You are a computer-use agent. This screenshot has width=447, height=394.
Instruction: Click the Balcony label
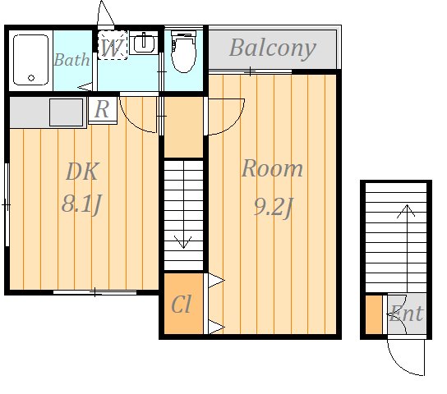pos(273,48)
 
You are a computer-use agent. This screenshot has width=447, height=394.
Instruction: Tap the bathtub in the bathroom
pos(30,60)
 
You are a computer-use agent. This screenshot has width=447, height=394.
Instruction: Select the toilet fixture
pos(183,51)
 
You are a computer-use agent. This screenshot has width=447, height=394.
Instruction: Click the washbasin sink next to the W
pos(144,43)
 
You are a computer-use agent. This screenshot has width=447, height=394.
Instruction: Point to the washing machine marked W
pos(113,45)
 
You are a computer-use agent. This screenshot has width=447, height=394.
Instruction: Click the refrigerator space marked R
pos(103,110)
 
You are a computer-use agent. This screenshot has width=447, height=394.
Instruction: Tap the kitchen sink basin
pos(66,112)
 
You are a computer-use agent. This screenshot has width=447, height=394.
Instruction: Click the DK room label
pos(82,172)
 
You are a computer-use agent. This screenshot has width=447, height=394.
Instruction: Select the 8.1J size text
pos(81,204)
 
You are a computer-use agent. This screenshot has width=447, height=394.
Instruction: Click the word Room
pos(272,168)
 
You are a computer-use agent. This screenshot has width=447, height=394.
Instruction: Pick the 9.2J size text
pos(273,207)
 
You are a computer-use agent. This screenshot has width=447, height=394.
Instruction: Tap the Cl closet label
pos(181,305)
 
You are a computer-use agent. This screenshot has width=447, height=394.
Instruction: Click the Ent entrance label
pos(406,314)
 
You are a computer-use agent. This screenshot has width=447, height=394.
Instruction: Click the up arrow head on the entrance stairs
pos(407,211)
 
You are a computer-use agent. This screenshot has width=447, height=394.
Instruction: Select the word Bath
pos(71,60)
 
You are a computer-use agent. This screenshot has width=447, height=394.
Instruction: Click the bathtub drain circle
pos(31,78)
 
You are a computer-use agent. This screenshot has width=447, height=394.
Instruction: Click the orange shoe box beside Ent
pos(374,314)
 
